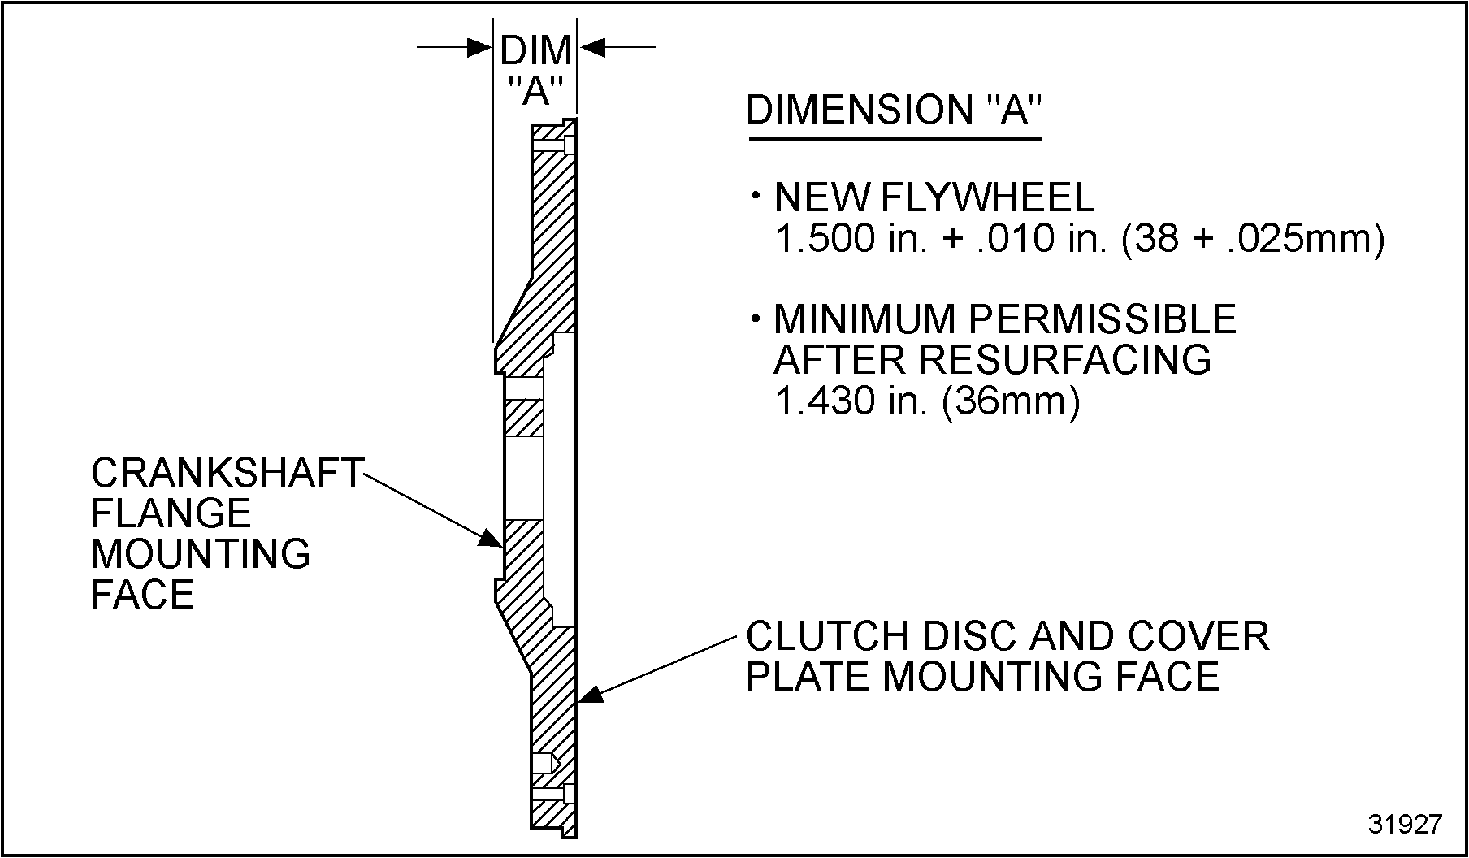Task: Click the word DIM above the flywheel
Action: coord(535,51)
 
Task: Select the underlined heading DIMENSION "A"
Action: coord(893,110)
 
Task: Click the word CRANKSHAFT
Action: coord(227,473)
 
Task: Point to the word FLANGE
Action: coord(171,513)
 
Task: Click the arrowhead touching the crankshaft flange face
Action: coord(491,539)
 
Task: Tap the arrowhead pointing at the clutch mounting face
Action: coord(590,693)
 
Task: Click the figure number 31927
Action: coord(1405,824)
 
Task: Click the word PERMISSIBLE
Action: coord(1103,319)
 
